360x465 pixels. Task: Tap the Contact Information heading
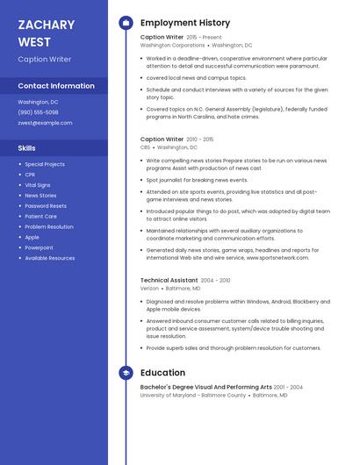pyautogui.click(x=56, y=86)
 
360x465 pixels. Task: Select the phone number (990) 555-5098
pyautogui.click(x=39, y=112)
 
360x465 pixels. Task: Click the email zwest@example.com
pyautogui.click(x=45, y=123)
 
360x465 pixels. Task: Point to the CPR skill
pyautogui.click(x=31, y=175)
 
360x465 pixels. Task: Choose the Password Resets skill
pyautogui.click(x=46, y=205)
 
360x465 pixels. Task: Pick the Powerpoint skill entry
pyautogui.click(x=39, y=247)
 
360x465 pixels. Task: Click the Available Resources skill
pyautogui.click(x=50, y=258)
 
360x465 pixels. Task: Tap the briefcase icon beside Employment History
pyautogui.click(x=126, y=23)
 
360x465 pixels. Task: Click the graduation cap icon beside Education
pyautogui.click(x=126, y=372)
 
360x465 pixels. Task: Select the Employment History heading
pyautogui.click(x=185, y=23)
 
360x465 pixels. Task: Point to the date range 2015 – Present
pyautogui.click(x=205, y=38)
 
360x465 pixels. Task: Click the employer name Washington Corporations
pyautogui.click(x=172, y=46)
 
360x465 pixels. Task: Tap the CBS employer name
pyautogui.click(x=145, y=147)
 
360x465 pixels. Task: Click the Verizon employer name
pyautogui.click(x=149, y=288)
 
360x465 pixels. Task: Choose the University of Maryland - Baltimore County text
pyautogui.click(x=193, y=395)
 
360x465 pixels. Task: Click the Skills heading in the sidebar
pyautogui.click(x=27, y=148)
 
